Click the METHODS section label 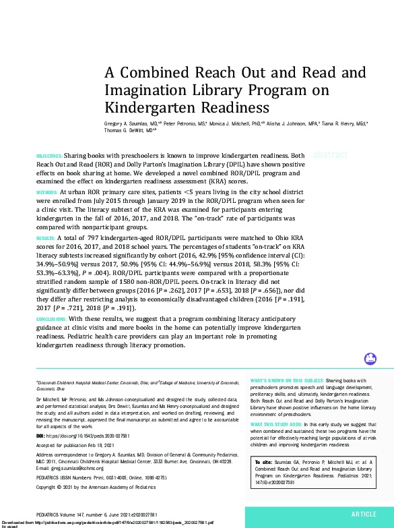(46, 192)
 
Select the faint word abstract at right (330, 154)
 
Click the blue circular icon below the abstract (370, 359)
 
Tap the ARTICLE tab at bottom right (364, 513)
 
